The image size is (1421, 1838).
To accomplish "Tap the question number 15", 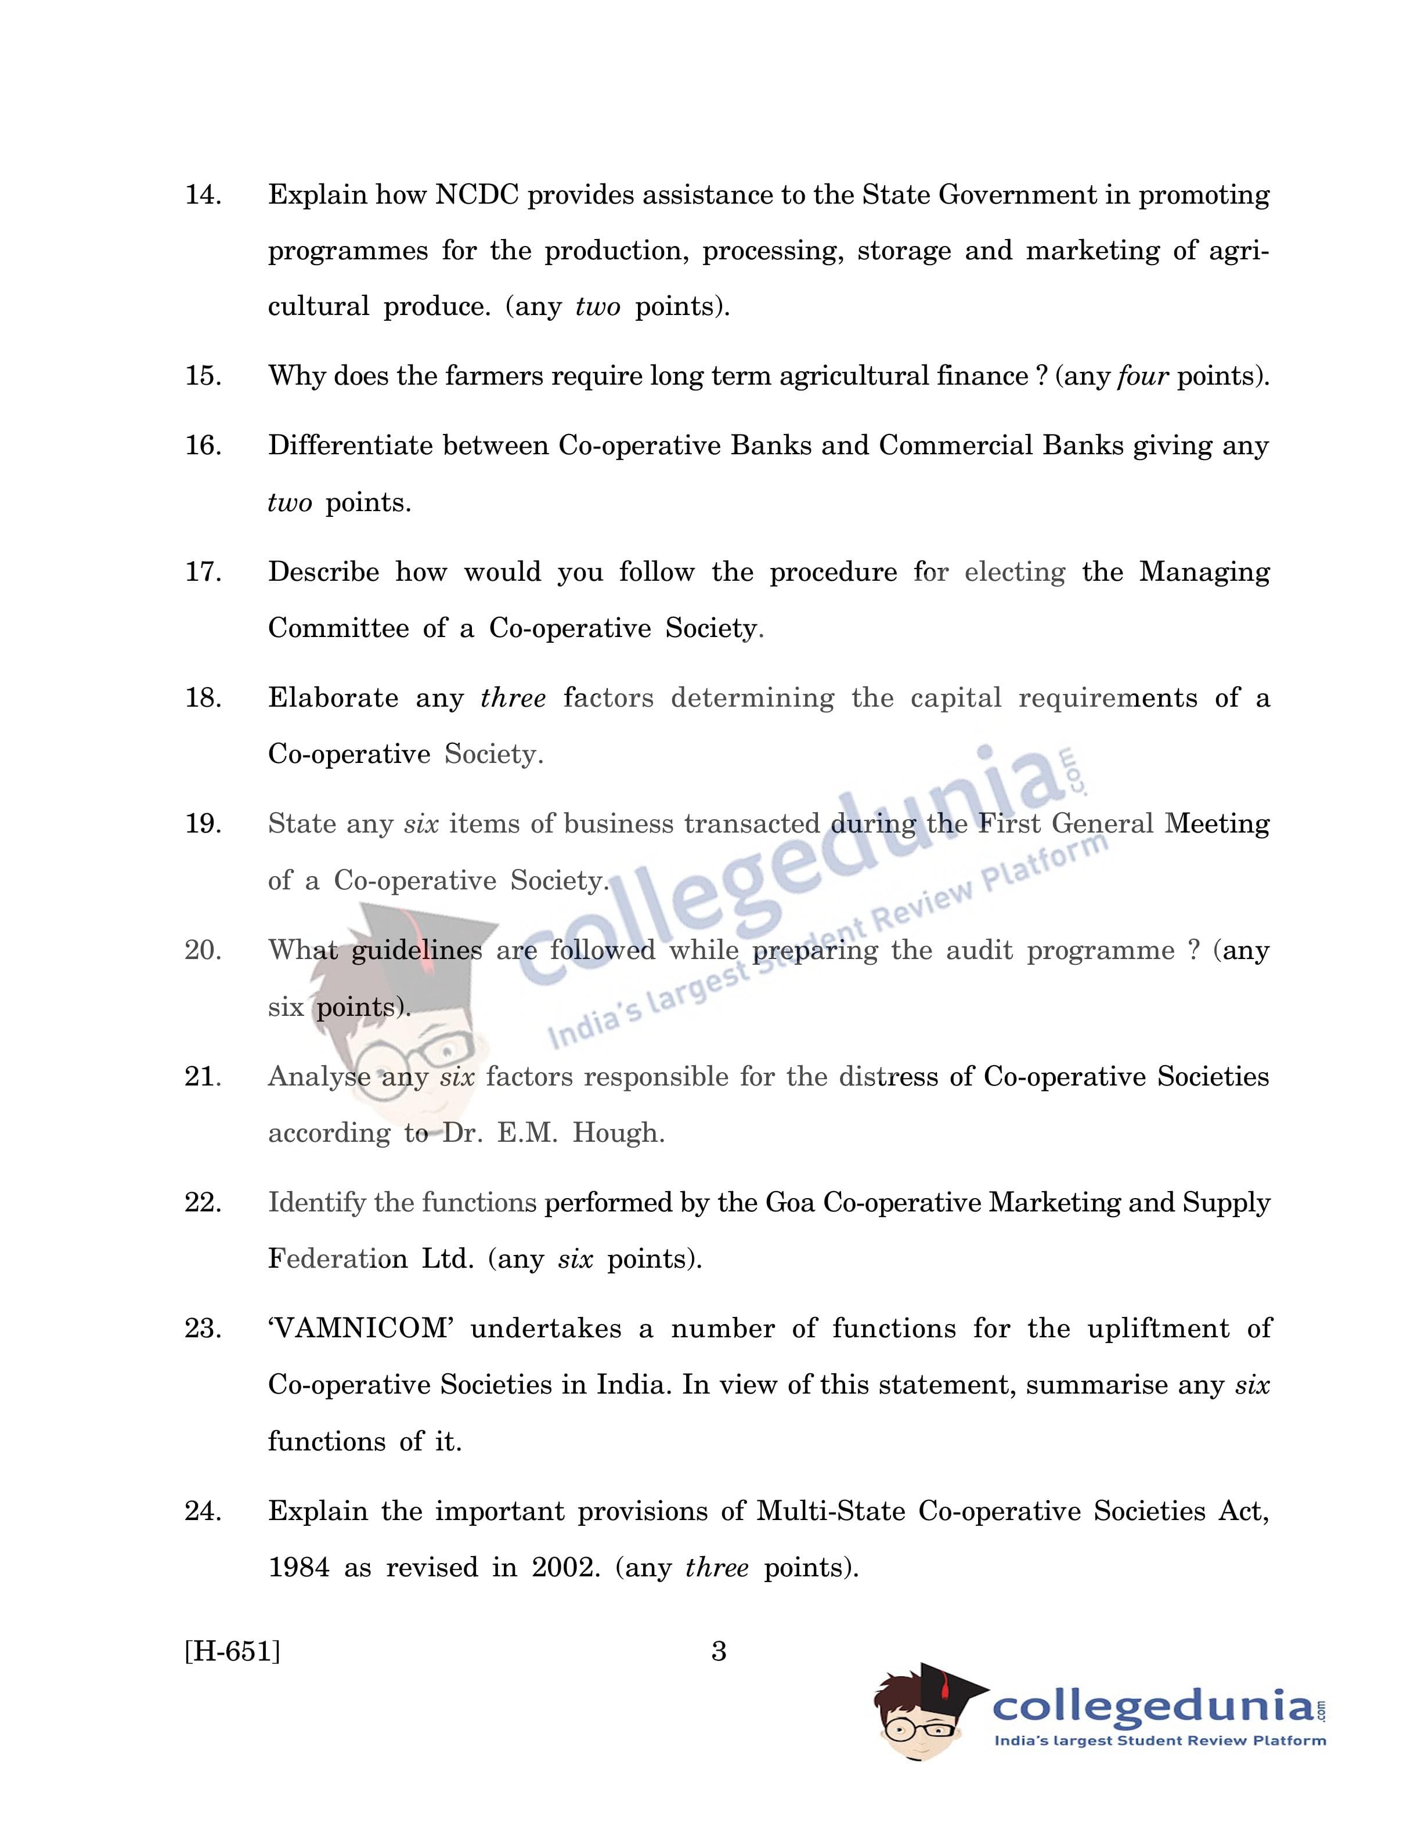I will pyautogui.click(x=203, y=376).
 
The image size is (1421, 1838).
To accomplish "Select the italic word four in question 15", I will pyautogui.click(x=1142, y=376).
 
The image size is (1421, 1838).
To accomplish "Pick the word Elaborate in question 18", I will pyautogui.click(x=333, y=699).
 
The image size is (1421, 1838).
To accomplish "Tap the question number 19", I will pyautogui.click(x=203, y=824).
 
